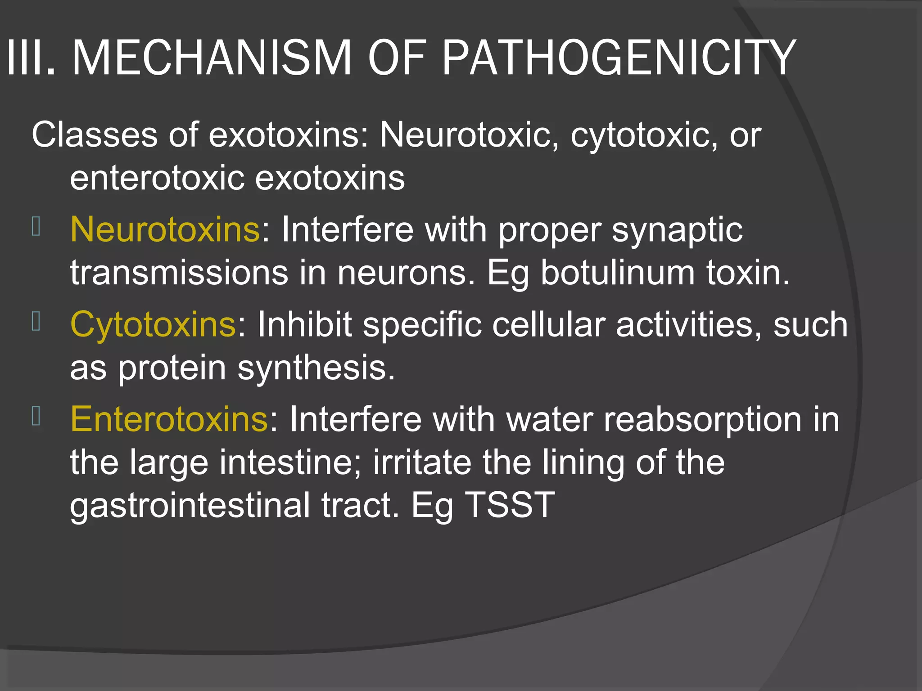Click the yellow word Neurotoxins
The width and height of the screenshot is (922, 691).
[x=165, y=229]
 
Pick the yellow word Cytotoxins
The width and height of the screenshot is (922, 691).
[x=153, y=324]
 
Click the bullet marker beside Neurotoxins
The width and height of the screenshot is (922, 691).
[x=36, y=226]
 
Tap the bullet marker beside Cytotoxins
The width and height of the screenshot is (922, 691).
[x=36, y=321]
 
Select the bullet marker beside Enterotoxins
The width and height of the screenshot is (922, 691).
[x=36, y=416]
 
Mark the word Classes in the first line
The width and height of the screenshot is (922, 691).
[x=95, y=135]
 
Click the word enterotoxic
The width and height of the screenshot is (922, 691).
[x=157, y=178]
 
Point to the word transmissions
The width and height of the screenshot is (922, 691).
[x=179, y=273]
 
